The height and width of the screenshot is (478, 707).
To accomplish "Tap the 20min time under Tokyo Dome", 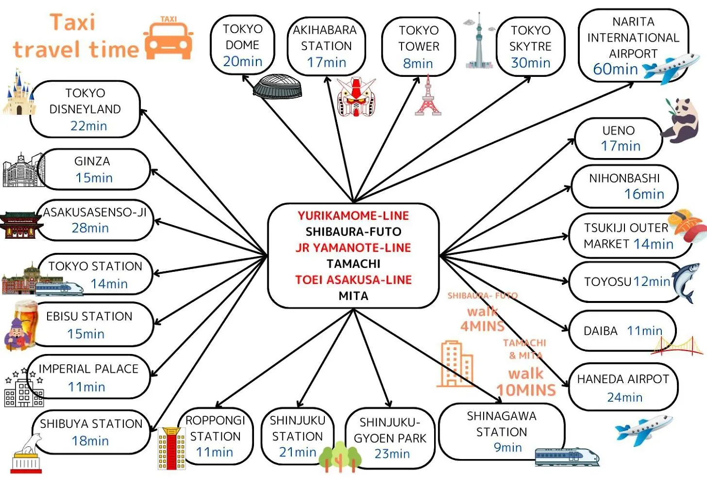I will point(243,62).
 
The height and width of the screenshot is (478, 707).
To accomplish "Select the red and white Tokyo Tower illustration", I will point(428,96).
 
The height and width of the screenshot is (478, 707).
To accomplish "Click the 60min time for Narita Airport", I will point(615,69).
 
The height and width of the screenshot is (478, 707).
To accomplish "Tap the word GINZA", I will point(92,161).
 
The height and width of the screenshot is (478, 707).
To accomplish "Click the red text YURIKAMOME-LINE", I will point(353,215).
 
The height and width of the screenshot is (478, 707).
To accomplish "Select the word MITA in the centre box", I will point(353,296).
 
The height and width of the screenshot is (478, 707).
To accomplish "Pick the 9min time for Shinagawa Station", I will point(507,447).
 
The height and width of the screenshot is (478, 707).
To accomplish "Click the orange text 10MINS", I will point(526,390).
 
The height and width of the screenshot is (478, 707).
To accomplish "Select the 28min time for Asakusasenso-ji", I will point(90,228).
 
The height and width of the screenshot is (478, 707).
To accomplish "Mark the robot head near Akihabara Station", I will point(356,97).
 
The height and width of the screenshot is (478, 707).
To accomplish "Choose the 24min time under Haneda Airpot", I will point(624,397).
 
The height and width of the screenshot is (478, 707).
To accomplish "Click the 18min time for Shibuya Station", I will point(90,441).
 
